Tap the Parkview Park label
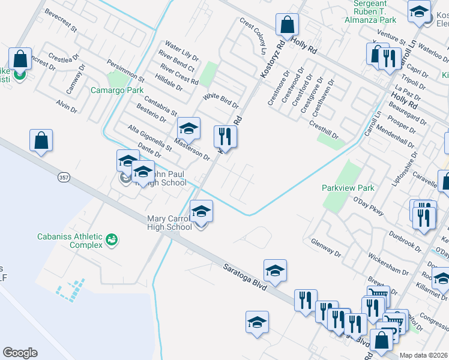348,188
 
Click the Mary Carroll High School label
170,223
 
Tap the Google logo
20,353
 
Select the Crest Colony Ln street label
252,35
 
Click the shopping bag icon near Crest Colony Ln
288,25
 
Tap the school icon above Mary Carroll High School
201,211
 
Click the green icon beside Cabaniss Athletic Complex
111,241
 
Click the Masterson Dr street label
191,149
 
